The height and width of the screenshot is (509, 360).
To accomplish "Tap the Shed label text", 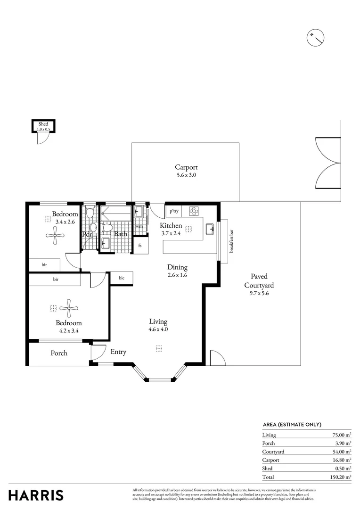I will (43, 124).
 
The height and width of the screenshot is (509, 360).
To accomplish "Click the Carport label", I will (186, 167).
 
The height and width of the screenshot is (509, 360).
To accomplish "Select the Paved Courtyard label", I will (259, 281).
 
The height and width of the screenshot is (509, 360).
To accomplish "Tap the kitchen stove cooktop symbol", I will (194, 211).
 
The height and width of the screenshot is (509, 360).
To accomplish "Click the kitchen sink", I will (210, 230).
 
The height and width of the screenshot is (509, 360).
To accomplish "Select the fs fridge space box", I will (140, 246).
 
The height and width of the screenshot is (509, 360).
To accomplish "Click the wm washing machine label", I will (139, 226).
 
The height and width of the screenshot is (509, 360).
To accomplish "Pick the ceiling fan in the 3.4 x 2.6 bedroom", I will (55, 236).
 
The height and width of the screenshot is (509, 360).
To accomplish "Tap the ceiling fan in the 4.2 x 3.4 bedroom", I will (69, 308).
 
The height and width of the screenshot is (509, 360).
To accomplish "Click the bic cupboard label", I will (121, 278).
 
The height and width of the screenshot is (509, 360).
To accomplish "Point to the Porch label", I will (59, 353).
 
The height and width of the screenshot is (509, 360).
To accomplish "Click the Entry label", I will (118, 352).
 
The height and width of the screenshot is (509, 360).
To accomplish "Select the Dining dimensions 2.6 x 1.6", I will (177, 275).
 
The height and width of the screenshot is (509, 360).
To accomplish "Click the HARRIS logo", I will (36, 495).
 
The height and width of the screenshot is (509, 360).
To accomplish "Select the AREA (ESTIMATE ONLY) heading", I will (292, 424).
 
